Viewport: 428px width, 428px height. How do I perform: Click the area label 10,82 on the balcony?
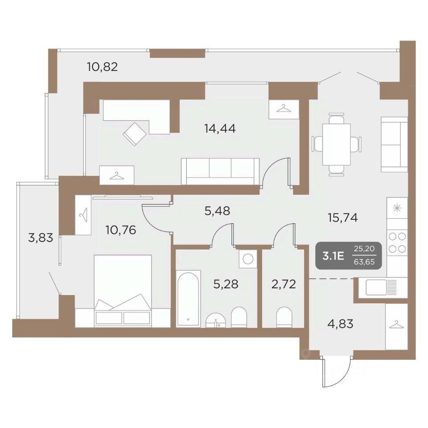[103, 66]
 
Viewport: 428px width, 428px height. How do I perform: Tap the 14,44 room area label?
[220, 128]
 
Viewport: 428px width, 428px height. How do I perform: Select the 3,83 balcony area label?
[41, 238]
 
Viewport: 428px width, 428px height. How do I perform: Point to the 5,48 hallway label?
[217, 210]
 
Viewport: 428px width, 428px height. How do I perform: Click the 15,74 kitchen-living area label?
[343, 218]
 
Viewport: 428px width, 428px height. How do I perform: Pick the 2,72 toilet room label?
[284, 284]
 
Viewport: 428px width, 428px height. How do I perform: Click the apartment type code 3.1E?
[333, 256]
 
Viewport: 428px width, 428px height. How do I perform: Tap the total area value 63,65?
[364, 262]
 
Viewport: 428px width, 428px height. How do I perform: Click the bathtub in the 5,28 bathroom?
[188, 298]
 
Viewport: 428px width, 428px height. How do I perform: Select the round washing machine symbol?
[248, 259]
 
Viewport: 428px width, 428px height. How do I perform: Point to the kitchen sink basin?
[376, 288]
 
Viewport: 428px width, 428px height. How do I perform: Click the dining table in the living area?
[337, 144]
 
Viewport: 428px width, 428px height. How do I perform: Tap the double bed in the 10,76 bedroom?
[123, 291]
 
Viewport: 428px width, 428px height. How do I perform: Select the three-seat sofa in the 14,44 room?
[220, 171]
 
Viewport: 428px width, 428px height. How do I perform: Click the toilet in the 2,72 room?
[284, 317]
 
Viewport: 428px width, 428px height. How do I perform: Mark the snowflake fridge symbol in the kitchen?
[397, 208]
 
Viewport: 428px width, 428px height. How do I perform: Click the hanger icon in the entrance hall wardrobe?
[396, 325]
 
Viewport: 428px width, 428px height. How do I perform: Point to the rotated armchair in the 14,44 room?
[135, 134]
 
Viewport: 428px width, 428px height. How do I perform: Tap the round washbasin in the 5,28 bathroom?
[216, 320]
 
